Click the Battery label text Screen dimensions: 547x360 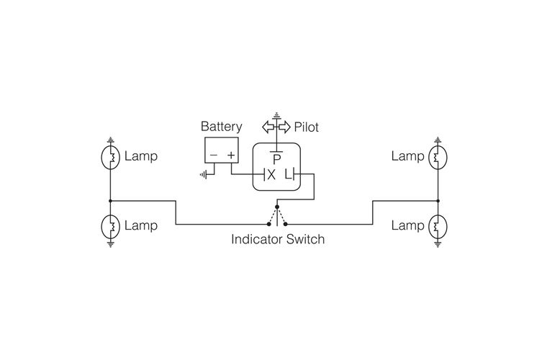pos(221,127)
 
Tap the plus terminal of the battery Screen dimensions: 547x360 pos(231,155)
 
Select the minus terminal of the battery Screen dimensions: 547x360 pos(214,155)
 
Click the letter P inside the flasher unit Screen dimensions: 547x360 pos(276,160)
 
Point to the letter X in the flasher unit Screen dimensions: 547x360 pos(271,174)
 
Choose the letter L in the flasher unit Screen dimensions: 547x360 pos(288,174)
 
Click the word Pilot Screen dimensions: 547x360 pos(307,127)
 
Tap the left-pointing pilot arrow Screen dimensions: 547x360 pos(268,127)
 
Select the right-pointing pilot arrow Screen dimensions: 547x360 pos(285,127)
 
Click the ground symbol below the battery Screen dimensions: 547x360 pos(203,174)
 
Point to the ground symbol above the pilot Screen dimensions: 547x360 pos(276,114)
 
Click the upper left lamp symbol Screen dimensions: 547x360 pos(111,158)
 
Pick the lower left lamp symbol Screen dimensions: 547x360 pos(111,227)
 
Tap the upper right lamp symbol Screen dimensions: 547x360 pos(438,158)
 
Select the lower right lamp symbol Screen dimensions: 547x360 pos(438,227)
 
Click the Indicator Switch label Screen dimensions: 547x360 pos(278,239)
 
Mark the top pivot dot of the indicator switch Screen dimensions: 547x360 pos(277,207)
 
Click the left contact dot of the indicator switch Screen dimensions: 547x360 pos(268,224)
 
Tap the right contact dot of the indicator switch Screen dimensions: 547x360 pos(285,224)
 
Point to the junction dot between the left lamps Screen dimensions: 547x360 pos(110,201)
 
